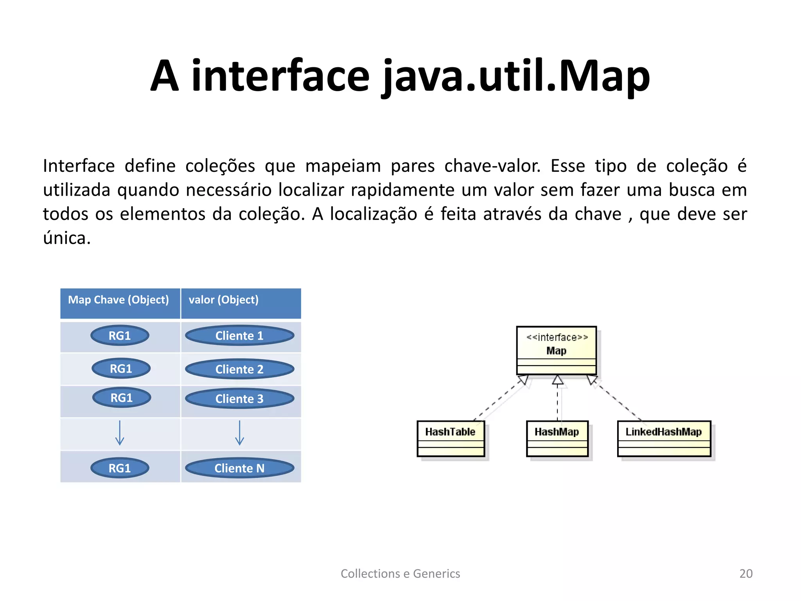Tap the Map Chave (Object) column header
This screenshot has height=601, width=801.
tap(119, 300)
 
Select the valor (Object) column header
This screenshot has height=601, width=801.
tap(223, 300)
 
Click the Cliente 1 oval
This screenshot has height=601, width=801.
tap(239, 336)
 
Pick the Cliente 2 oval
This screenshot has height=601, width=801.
tap(239, 369)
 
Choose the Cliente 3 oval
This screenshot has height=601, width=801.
tap(239, 399)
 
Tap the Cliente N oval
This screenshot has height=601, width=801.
tap(239, 468)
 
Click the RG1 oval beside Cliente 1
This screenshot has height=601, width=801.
tap(120, 336)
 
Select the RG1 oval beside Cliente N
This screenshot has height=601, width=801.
tap(120, 468)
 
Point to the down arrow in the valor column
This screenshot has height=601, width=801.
tap(239, 433)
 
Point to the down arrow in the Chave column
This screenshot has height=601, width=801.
tap(120, 433)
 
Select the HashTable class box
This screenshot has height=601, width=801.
tap(451, 438)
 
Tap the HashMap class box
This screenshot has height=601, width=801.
tap(557, 438)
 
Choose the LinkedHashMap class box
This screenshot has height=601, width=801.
tap(664, 438)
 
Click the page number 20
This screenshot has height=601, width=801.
tap(746, 574)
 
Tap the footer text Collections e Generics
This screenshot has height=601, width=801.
tap(400, 574)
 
